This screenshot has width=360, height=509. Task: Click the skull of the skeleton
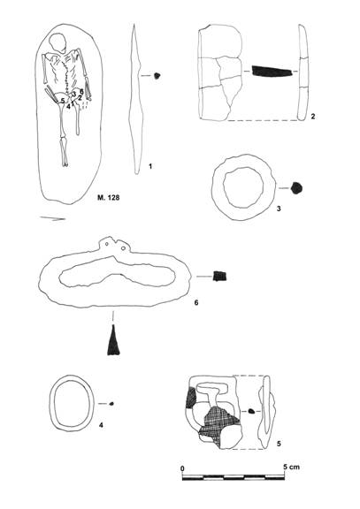click(x=57, y=42)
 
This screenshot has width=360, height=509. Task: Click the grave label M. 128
click(x=109, y=197)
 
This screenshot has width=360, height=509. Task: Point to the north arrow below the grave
click(x=53, y=218)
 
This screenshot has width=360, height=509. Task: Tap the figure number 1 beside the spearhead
click(x=150, y=166)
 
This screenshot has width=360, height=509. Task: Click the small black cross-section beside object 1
click(x=157, y=76)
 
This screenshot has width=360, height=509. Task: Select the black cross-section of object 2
click(x=272, y=71)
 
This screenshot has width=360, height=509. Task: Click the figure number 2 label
click(x=312, y=116)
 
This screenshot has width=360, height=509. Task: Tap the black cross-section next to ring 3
click(x=296, y=188)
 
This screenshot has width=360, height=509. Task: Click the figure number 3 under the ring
click(x=279, y=209)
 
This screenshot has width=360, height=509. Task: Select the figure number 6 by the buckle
click(x=195, y=302)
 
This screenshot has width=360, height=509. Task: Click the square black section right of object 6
click(x=219, y=277)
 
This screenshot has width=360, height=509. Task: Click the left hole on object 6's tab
click(x=108, y=244)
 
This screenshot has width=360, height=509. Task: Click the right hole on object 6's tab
click(x=124, y=248)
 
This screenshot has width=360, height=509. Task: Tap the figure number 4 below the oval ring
click(x=102, y=424)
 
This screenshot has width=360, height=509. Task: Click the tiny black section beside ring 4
click(x=111, y=404)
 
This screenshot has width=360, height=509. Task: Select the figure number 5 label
click(x=279, y=444)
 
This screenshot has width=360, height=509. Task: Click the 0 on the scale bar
click(x=182, y=468)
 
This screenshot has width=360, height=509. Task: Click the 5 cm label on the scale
click(x=291, y=467)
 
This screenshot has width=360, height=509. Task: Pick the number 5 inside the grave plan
click(x=63, y=101)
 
